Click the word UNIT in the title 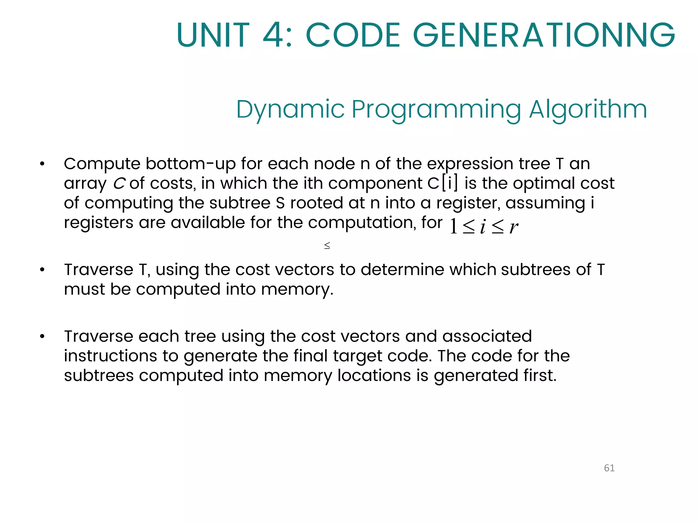coord(213,35)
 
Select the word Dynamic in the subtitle coord(290,110)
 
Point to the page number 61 coord(609,468)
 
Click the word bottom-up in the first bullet coord(191,164)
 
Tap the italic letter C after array coord(119,184)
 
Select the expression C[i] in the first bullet coord(443,184)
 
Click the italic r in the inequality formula coord(514,227)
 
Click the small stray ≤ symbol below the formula coord(327,245)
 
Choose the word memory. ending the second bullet coord(297,289)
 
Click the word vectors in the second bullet coord(304,270)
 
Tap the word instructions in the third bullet coord(110,356)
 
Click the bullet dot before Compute coord(42,164)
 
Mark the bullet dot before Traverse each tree coord(42,337)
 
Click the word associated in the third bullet coord(487,336)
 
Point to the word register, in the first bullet coord(468,203)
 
